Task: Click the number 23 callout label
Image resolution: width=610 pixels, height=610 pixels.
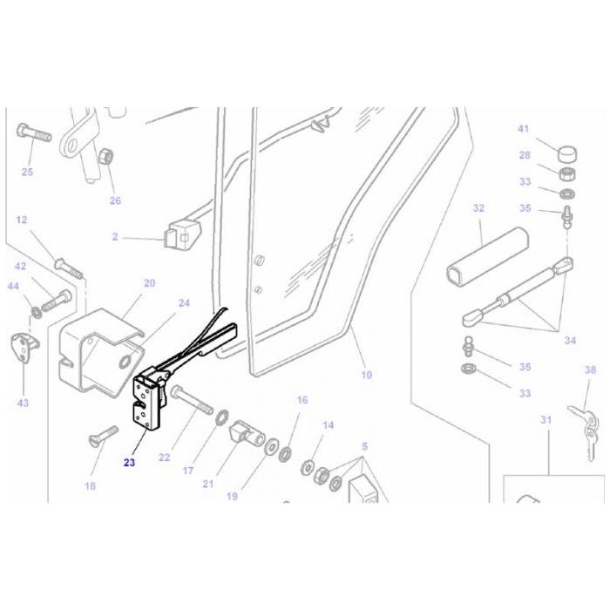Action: point(129,463)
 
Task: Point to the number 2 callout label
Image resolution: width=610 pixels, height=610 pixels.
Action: point(114,236)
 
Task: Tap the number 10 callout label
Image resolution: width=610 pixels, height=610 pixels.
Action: point(366,375)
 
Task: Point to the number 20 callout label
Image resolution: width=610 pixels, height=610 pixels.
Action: point(149,283)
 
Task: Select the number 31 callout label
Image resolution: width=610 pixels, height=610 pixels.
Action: point(546,420)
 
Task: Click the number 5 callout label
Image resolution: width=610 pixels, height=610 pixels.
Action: point(364,446)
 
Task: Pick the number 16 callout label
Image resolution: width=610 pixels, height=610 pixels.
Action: point(302,400)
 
